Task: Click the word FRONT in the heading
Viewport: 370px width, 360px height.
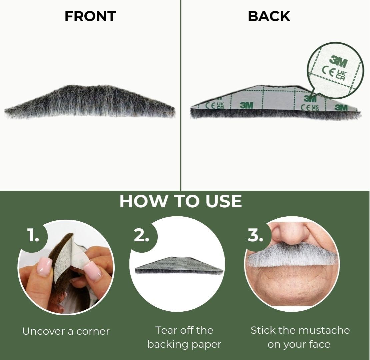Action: (x=90, y=16)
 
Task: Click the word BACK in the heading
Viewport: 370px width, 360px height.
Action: (x=269, y=16)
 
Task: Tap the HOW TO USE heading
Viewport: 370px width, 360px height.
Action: (x=180, y=201)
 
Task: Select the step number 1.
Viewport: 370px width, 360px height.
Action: (x=33, y=236)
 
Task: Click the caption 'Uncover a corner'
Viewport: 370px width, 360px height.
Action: (x=66, y=331)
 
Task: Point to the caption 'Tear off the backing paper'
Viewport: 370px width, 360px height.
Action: (x=184, y=337)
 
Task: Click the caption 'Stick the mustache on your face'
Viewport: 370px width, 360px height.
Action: (x=300, y=337)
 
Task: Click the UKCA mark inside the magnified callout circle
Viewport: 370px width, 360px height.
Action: (x=342, y=74)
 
